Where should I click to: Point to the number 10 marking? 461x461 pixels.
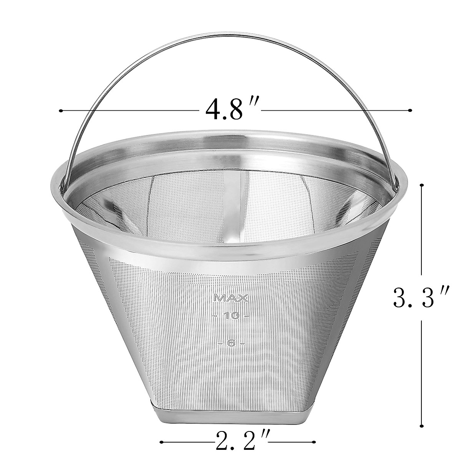pos(231,316)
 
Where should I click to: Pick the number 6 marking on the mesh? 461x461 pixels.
pos(231,343)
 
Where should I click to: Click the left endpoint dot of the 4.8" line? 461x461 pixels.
pos(61,111)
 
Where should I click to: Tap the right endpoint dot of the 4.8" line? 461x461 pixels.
pos(411,111)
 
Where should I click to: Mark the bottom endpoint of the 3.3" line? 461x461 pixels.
pos(422,425)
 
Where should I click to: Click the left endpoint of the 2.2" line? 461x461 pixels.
pos(161,442)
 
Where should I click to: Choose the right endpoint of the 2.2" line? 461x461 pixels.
pos(315,442)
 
